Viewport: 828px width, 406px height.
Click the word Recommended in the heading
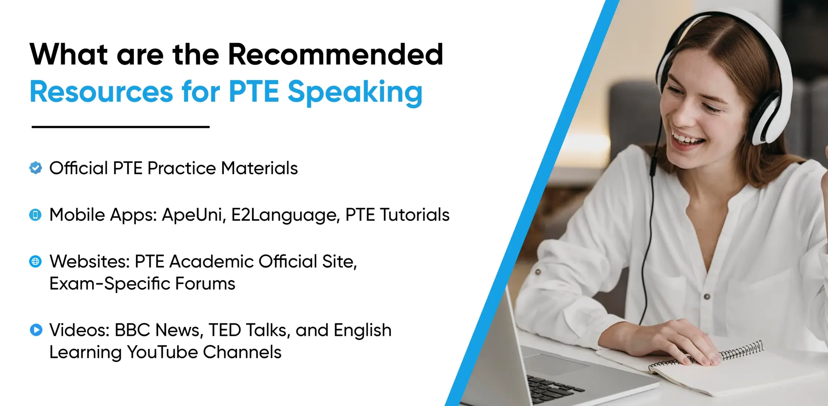[335, 55]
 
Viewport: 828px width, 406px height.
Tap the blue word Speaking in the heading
[355, 92]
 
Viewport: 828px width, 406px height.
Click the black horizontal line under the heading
[120, 127]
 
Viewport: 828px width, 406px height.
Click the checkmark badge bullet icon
[36, 168]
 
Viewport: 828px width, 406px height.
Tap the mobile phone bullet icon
[35, 215]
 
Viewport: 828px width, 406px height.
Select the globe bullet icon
[35, 262]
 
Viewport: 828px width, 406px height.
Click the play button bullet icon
[36, 330]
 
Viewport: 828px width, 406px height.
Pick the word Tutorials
[414, 215]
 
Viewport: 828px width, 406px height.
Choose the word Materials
[259, 168]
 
